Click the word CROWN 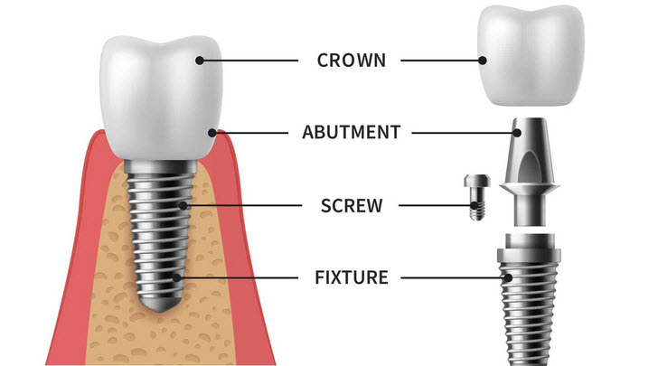click(x=352, y=61)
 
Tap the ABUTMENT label click(x=352, y=133)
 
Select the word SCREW click(x=352, y=206)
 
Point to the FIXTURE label click(x=352, y=277)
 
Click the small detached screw click(x=477, y=197)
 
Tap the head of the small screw click(x=477, y=181)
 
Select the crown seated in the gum click(x=161, y=98)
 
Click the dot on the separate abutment click(x=517, y=133)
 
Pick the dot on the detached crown click(x=483, y=61)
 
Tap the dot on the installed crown click(x=200, y=61)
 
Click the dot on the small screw click(x=475, y=206)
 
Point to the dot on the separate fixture click(x=508, y=277)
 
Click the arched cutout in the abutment click(x=529, y=167)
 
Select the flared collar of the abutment click(x=529, y=187)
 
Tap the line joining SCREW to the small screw click(x=435, y=206)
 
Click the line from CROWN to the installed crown click(x=249, y=61)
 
